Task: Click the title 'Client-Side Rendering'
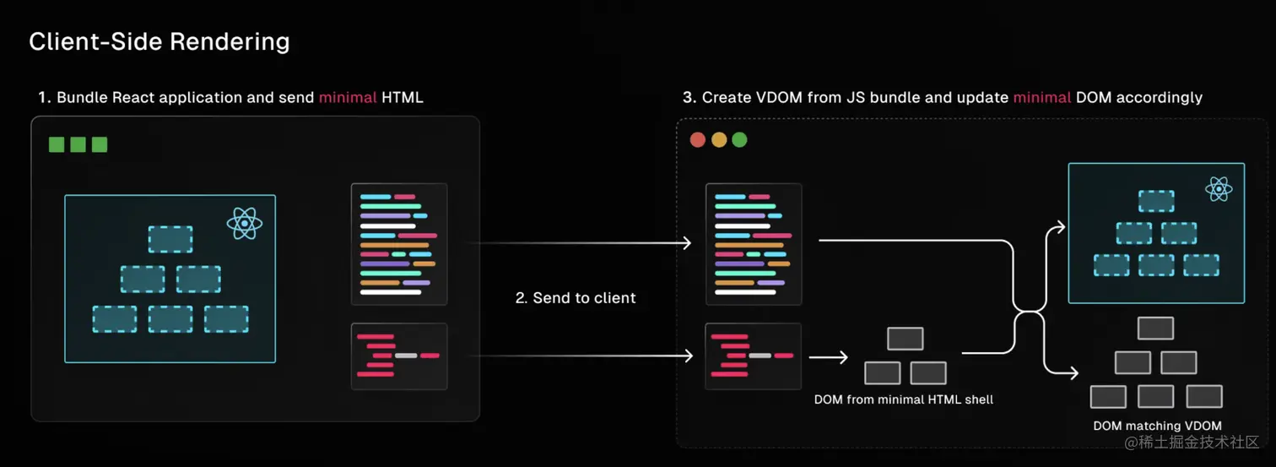tap(159, 41)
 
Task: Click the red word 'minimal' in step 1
tap(348, 98)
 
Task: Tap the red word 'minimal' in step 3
tap(1042, 98)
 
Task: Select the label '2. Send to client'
tap(576, 298)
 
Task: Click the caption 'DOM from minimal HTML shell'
tap(904, 399)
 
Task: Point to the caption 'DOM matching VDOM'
tap(1157, 426)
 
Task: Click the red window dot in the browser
tap(698, 140)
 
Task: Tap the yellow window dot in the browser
tap(719, 140)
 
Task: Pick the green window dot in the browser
tap(739, 140)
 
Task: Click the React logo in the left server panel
tap(244, 224)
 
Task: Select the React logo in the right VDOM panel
tap(1219, 189)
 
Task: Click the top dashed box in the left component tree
tap(170, 239)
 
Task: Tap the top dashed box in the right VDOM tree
tap(1156, 201)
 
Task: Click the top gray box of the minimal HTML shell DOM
tap(906, 339)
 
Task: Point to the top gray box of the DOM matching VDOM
tap(1156, 329)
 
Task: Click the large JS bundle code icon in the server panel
tap(399, 244)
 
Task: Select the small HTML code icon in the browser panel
tap(754, 356)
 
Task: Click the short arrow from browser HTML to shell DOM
tap(828, 357)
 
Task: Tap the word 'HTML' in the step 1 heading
tap(403, 98)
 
